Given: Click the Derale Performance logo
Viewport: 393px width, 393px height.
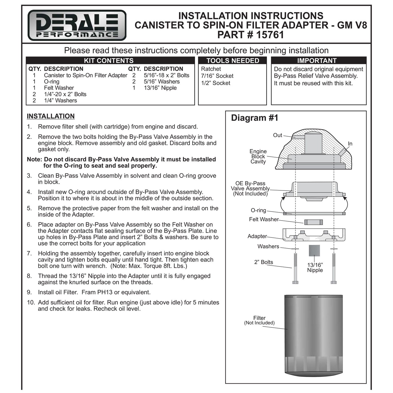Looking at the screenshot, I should coord(77,25).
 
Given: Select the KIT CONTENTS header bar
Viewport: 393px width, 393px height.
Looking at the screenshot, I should coord(110,60).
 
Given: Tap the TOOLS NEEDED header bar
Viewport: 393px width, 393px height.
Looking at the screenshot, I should coord(232,60).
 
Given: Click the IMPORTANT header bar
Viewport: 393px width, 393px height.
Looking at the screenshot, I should coord(318,60).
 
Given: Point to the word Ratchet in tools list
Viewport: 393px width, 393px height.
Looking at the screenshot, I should coord(211,69).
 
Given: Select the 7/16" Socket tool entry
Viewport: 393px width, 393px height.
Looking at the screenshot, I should coord(217,76).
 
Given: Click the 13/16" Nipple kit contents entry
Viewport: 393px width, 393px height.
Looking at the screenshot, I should coord(160,88).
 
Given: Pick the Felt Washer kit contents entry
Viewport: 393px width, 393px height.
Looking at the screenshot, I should coord(59,88).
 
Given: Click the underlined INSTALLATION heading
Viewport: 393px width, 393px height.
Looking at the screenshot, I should coord(51,116).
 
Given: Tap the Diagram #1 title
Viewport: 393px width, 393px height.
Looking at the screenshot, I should coord(255,118).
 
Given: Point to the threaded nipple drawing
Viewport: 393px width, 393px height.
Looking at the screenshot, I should coord(314,250).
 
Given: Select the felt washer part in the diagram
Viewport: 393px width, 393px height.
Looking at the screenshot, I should coord(313,222).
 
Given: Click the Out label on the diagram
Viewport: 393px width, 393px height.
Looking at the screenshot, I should coord(277,135).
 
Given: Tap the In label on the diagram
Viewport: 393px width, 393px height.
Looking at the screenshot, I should coord(350,144).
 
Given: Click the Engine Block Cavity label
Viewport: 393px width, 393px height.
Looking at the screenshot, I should coord(258,156).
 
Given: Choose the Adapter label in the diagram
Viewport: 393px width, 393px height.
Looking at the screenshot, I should coord(257,236).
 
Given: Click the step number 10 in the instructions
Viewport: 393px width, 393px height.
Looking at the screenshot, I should coord(30,302).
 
